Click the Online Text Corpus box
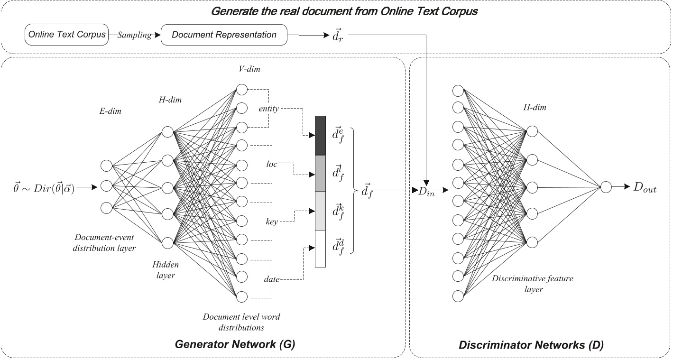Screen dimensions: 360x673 (x=66, y=35)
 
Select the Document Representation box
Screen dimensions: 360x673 (x=224, y=35)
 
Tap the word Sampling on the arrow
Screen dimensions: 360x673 (x=134, y=36)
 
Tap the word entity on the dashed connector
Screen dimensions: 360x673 (x=269, y=109)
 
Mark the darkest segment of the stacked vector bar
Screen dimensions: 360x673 (x=320, y=136)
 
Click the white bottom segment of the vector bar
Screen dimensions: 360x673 (x=320, y=249)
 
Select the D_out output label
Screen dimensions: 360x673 (x=645, y=188)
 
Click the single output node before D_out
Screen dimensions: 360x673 (x=606, y=187)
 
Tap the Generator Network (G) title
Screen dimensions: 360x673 (x=235, y=345)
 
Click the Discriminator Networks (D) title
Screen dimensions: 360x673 (x=531, y=345)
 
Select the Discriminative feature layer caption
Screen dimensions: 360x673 (x=532, y=284)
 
